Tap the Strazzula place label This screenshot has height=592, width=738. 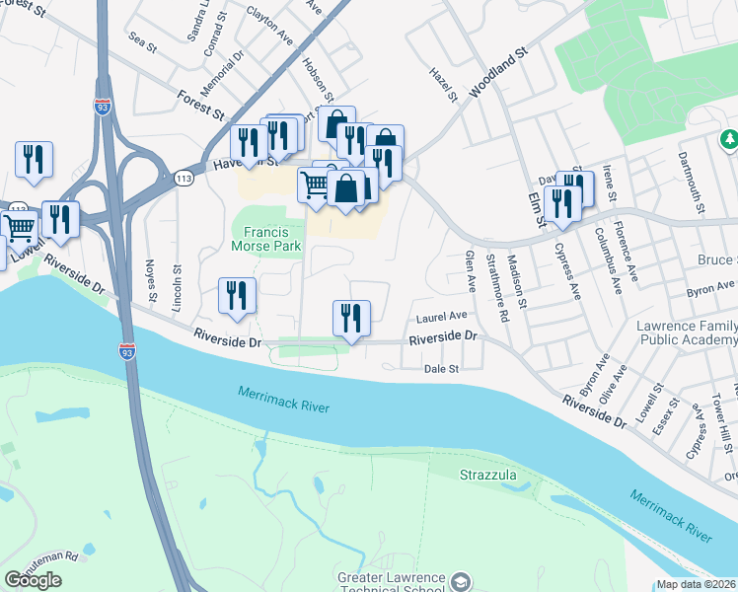pyautogui.click(x=487, y=476)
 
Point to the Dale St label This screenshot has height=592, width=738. pyautogui.click(x=442, y=369)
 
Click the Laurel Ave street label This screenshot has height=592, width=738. pyautogui.click(x=441, y=317)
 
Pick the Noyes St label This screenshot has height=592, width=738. pyautogui.click(x=151, y=280)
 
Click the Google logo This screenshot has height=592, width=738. pyautogui.click(x=33, y=579)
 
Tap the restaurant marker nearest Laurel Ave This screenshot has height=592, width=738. pyautogui.click(x=351, y=318)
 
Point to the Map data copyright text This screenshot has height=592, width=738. pyautogui.click(x=697, y=584)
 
